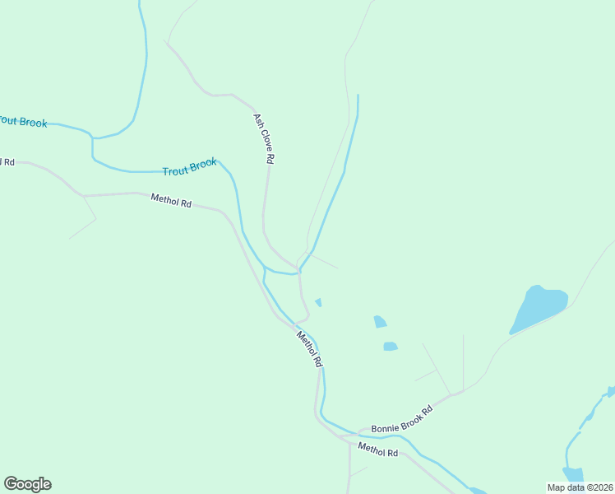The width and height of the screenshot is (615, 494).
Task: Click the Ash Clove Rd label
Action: [x=263, y=138]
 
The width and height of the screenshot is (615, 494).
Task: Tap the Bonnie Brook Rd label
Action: [x=401, y=419]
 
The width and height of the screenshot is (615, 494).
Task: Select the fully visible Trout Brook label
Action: [x=190, y=167]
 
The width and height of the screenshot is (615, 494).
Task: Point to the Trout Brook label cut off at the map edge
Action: [x=23, y=122]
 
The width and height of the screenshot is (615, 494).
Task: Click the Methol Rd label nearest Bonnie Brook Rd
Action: [x=378, y=449]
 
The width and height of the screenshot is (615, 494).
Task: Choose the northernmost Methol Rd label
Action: [x=171, y=200]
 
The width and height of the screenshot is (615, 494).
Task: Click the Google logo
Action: [x=27, y=484]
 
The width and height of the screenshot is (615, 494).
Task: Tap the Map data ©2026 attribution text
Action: [x=580, y=487]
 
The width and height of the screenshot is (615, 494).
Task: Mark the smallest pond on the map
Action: [x=318, y=302]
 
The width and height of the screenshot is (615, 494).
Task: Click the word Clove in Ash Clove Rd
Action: [x=264, y=140]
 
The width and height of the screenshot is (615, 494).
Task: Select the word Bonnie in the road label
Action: [x=383, y=426]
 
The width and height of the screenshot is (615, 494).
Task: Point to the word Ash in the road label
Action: [x=257, y=119]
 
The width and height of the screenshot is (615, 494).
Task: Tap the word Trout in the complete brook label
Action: [x=175, y=170]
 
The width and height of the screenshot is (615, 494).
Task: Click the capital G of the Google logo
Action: [x=11, y=483]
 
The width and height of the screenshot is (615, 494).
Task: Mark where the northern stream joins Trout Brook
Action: [x=300, y=270]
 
